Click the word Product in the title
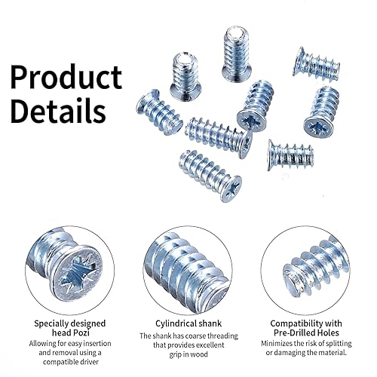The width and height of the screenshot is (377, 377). (x=66, y=76)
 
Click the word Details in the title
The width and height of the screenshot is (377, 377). (x=58, y=110)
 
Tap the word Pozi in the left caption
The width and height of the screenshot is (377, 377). (x=81, y=333)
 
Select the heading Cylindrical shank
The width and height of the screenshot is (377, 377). (x=188, y=323)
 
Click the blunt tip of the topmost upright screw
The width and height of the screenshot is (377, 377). (x=237, y=32)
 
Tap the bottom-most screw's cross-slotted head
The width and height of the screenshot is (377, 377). (x=231, y=188)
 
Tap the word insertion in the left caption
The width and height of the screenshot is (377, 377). (x=97, y=343)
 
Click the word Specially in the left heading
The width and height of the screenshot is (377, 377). (x=51, y=323)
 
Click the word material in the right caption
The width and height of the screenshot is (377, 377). (x=333, y=353)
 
